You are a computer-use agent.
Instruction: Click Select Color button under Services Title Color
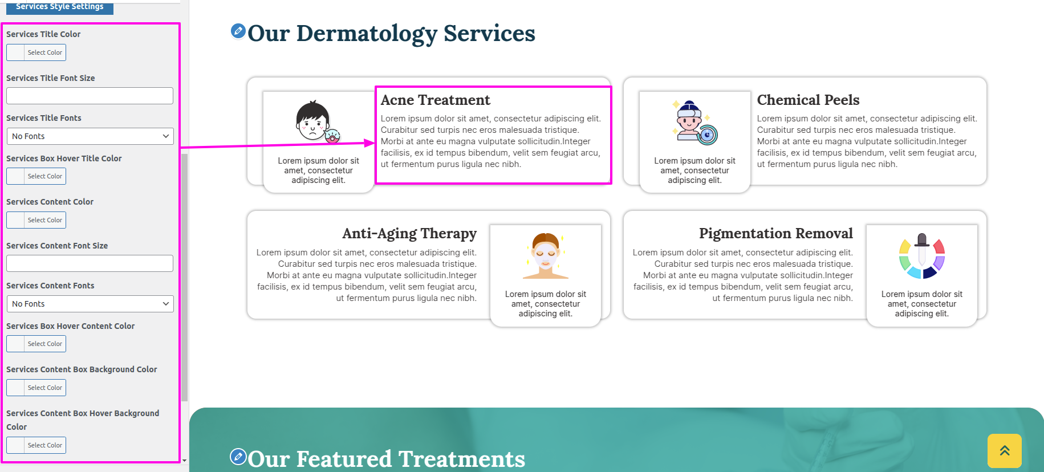click(x=36, y=52)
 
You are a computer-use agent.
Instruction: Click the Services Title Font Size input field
click(x=90, y=96)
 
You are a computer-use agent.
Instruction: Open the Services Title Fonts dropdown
click(x=90, y=136)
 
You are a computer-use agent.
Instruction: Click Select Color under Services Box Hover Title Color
click(x=36, y=176)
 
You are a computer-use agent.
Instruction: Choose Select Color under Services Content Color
click(x=36, y=220)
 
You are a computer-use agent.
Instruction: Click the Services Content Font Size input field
click(x=90, y=263)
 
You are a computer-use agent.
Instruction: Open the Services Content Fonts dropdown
click(x=90, y=304)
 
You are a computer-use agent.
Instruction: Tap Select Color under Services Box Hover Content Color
click(x=36, y=344)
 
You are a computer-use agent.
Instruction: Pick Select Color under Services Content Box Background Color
click(x=36, y=388)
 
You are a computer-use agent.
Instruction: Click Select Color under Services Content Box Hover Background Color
click(x=36, y=445)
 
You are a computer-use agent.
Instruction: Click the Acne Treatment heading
click(x=436, y=100)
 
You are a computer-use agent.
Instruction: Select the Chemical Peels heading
click(x=808, y=100)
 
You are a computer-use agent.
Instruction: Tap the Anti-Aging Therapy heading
click(x=409, y=234)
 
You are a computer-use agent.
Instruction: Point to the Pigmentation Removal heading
click(x=776, y=234)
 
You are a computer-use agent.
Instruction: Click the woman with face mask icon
click(x=546, y=255)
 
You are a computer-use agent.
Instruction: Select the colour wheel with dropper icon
click(x=922, y=256)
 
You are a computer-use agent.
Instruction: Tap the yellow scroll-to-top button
click(x=1005, y=451)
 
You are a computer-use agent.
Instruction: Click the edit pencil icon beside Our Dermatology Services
click(x=238, y=31)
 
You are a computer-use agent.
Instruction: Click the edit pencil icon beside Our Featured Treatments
click(x=238, y=457)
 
